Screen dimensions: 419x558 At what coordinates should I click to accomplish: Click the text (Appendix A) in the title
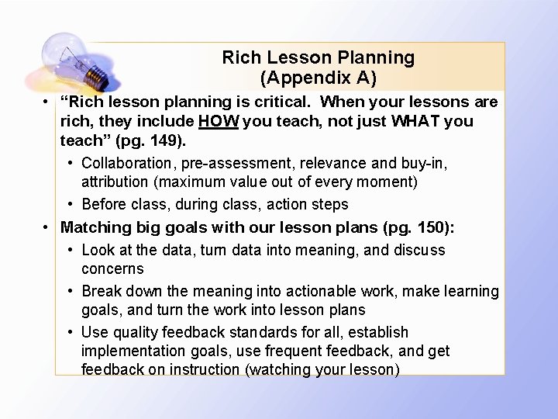click(x=318, y=78)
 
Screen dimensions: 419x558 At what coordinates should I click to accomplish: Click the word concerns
click(x=112, y=268)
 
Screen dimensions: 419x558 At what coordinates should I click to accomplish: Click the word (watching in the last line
click(x=275, y=369)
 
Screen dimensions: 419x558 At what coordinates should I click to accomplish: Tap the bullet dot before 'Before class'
click(x=71, y=205)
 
